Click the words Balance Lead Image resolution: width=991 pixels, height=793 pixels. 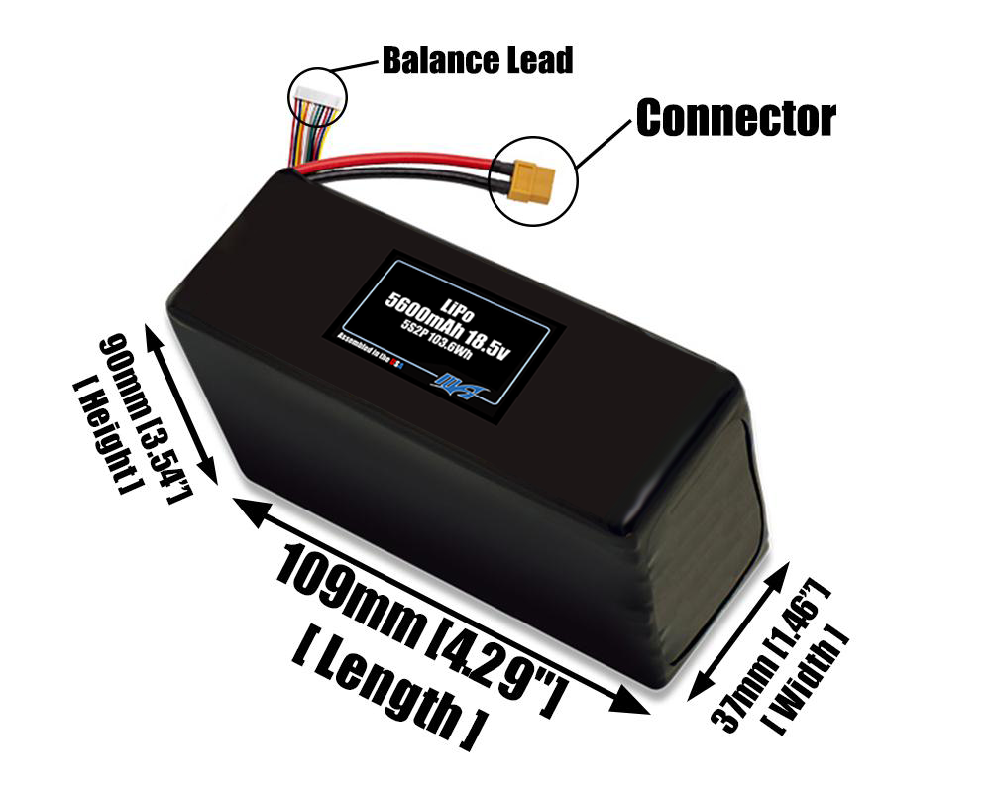point(477,60)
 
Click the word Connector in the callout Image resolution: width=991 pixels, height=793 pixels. point(735,118)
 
